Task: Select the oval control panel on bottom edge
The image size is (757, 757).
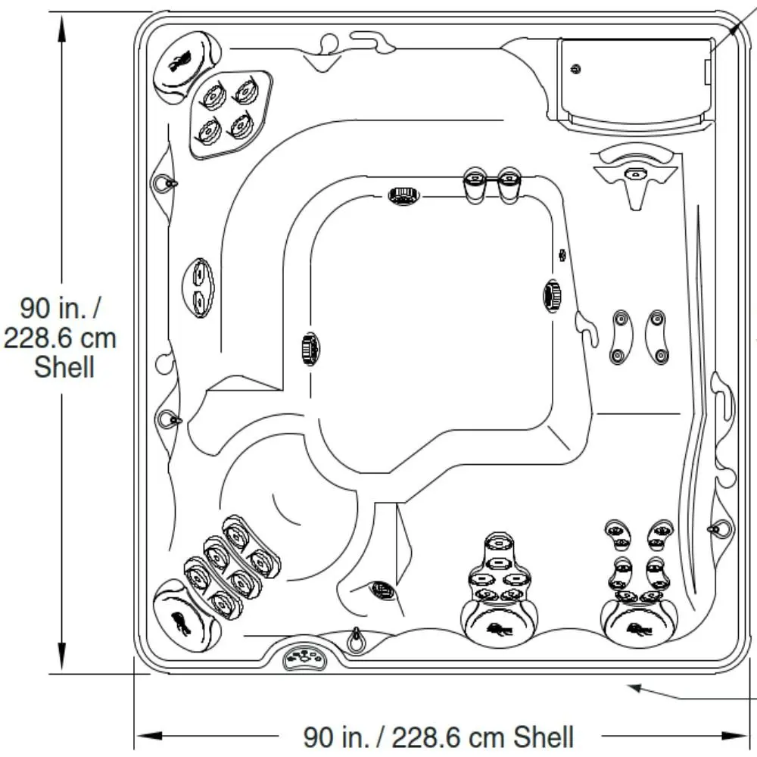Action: (304, 658)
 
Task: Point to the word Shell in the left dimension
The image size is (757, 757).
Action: (64, 367)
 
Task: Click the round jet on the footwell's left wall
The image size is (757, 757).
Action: (310, 348)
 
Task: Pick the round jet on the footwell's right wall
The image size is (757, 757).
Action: (552, 295)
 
